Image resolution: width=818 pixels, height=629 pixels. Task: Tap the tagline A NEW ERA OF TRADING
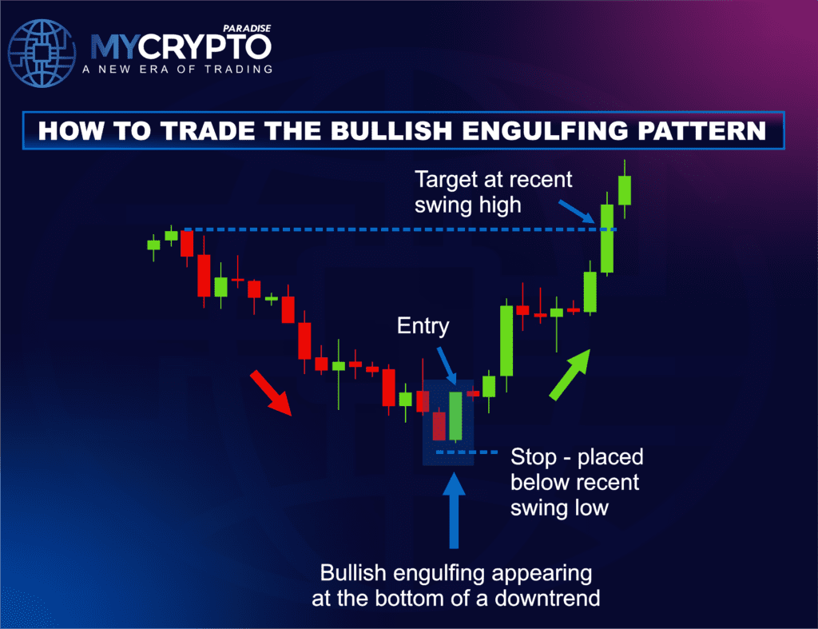(x=177, y=70)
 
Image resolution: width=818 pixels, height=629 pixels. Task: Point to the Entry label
(x=423, y=326)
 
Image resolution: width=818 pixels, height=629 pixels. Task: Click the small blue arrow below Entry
(x=446, y=368)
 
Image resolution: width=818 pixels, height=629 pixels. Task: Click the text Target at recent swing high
(x=493, y=191)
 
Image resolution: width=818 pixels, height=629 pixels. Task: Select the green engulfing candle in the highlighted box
(x=455, y=415)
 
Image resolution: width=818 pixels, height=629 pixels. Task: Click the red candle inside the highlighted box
(x=438, y=425)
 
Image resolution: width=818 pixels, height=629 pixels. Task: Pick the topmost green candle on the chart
(x=624, y=190)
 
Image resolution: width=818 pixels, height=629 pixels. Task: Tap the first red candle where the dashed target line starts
(x=188, y=243)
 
